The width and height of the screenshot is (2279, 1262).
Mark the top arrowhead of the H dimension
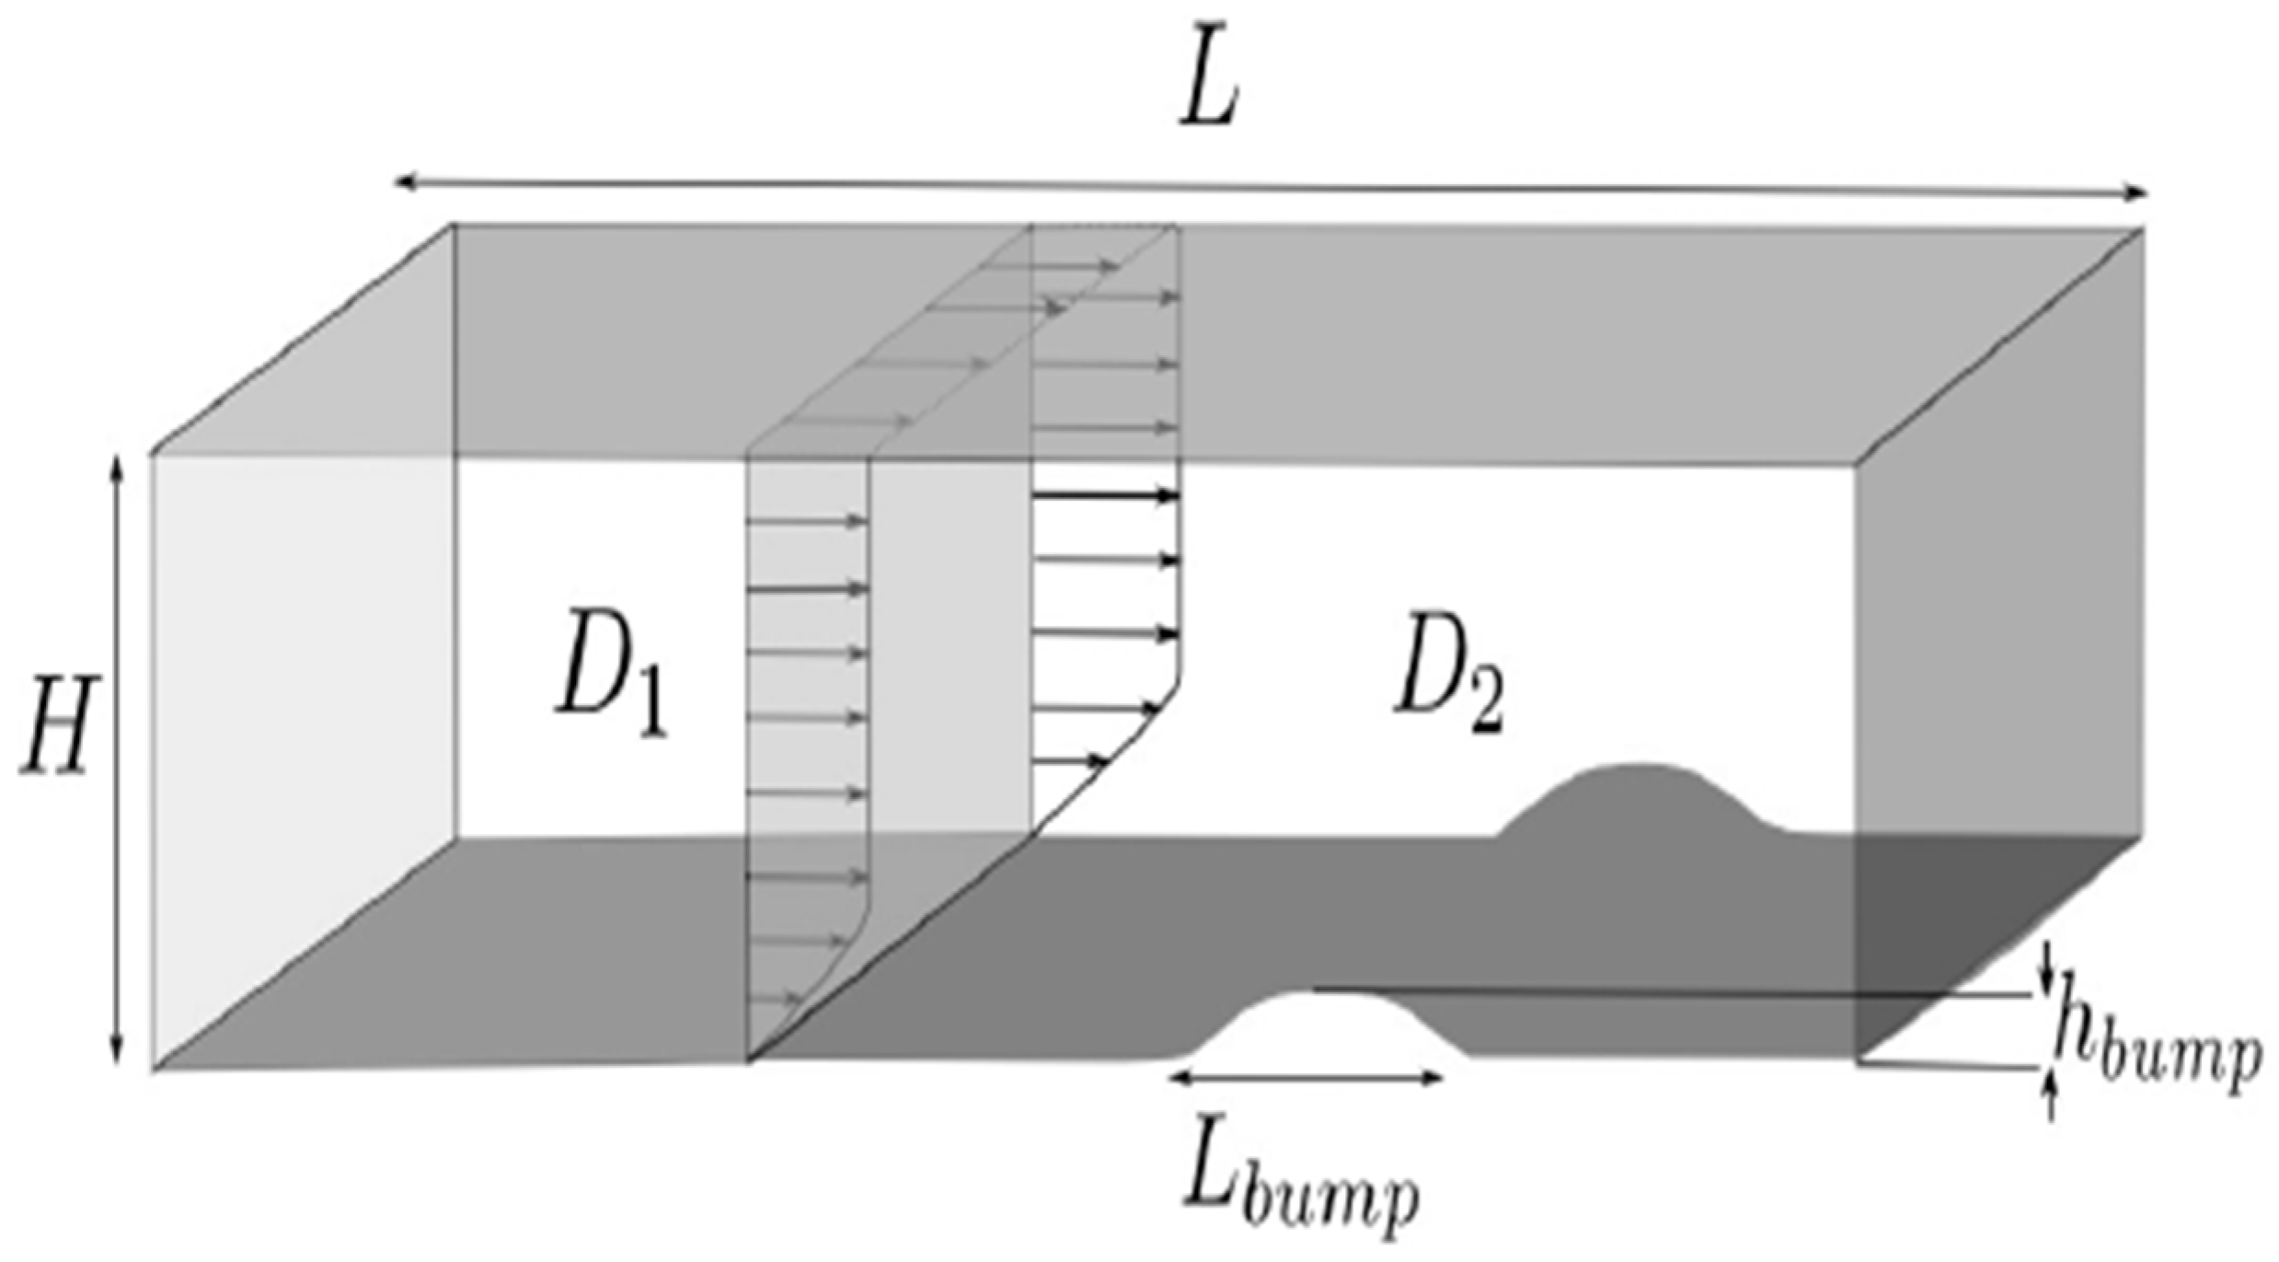pos(117,466)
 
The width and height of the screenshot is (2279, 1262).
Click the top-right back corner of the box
pos(2144,228)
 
